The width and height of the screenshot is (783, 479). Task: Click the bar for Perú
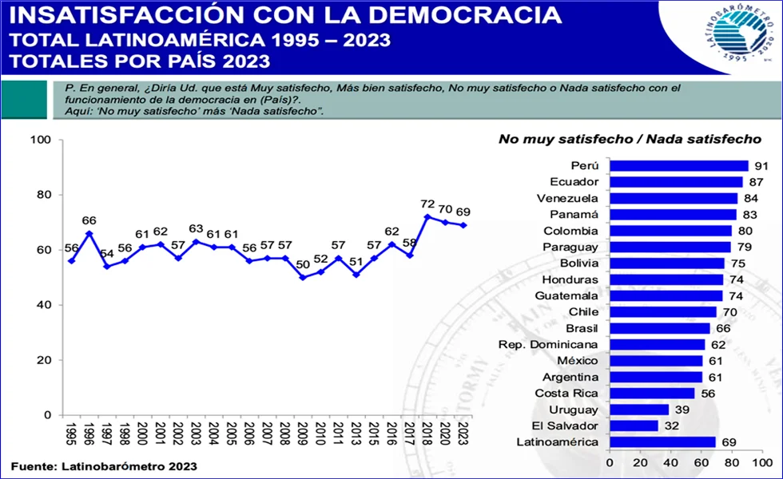click(678, 165)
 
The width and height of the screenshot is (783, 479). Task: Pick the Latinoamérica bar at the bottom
click(662, 441)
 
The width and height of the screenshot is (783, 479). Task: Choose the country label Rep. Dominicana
click(548, 344)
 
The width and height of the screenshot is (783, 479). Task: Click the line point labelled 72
click(427, 216)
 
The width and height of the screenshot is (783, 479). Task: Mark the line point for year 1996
click(89, 233)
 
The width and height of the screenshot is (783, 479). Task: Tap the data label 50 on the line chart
click(302, 264)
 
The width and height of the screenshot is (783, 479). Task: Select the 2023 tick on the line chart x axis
click(463, 434)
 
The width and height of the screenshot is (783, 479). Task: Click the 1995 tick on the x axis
click(72, 434)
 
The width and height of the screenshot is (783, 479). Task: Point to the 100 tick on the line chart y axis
click(41, 141)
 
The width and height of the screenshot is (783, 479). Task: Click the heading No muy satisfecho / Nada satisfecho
click(629, 139)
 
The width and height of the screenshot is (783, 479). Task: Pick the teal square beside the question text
click(25, 100)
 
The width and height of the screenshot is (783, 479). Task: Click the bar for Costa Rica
click(652, 393)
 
